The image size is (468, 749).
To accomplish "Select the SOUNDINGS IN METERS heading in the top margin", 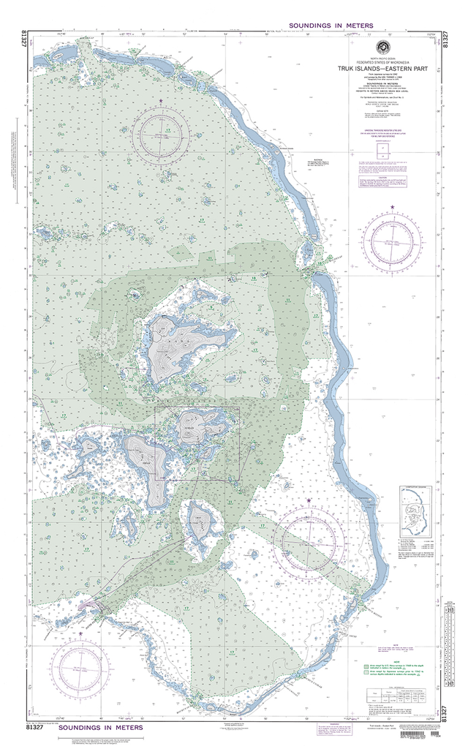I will tap(331, 26).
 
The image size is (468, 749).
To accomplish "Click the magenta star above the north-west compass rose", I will tap(162, 99).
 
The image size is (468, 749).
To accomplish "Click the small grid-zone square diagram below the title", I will tap(382, 150).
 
